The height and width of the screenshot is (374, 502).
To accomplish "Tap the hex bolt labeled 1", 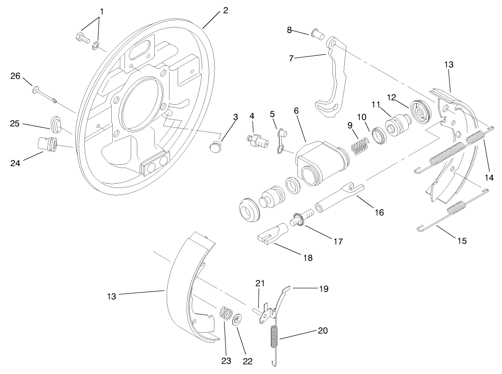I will tap(81, 38).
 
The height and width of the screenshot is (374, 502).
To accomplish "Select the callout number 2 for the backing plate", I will tap(225, 10).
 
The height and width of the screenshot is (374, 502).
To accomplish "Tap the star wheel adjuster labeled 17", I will tap(299, 221).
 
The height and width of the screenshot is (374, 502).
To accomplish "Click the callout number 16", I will tap(378, 213).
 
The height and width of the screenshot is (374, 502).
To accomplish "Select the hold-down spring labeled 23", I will tap(226, 314).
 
